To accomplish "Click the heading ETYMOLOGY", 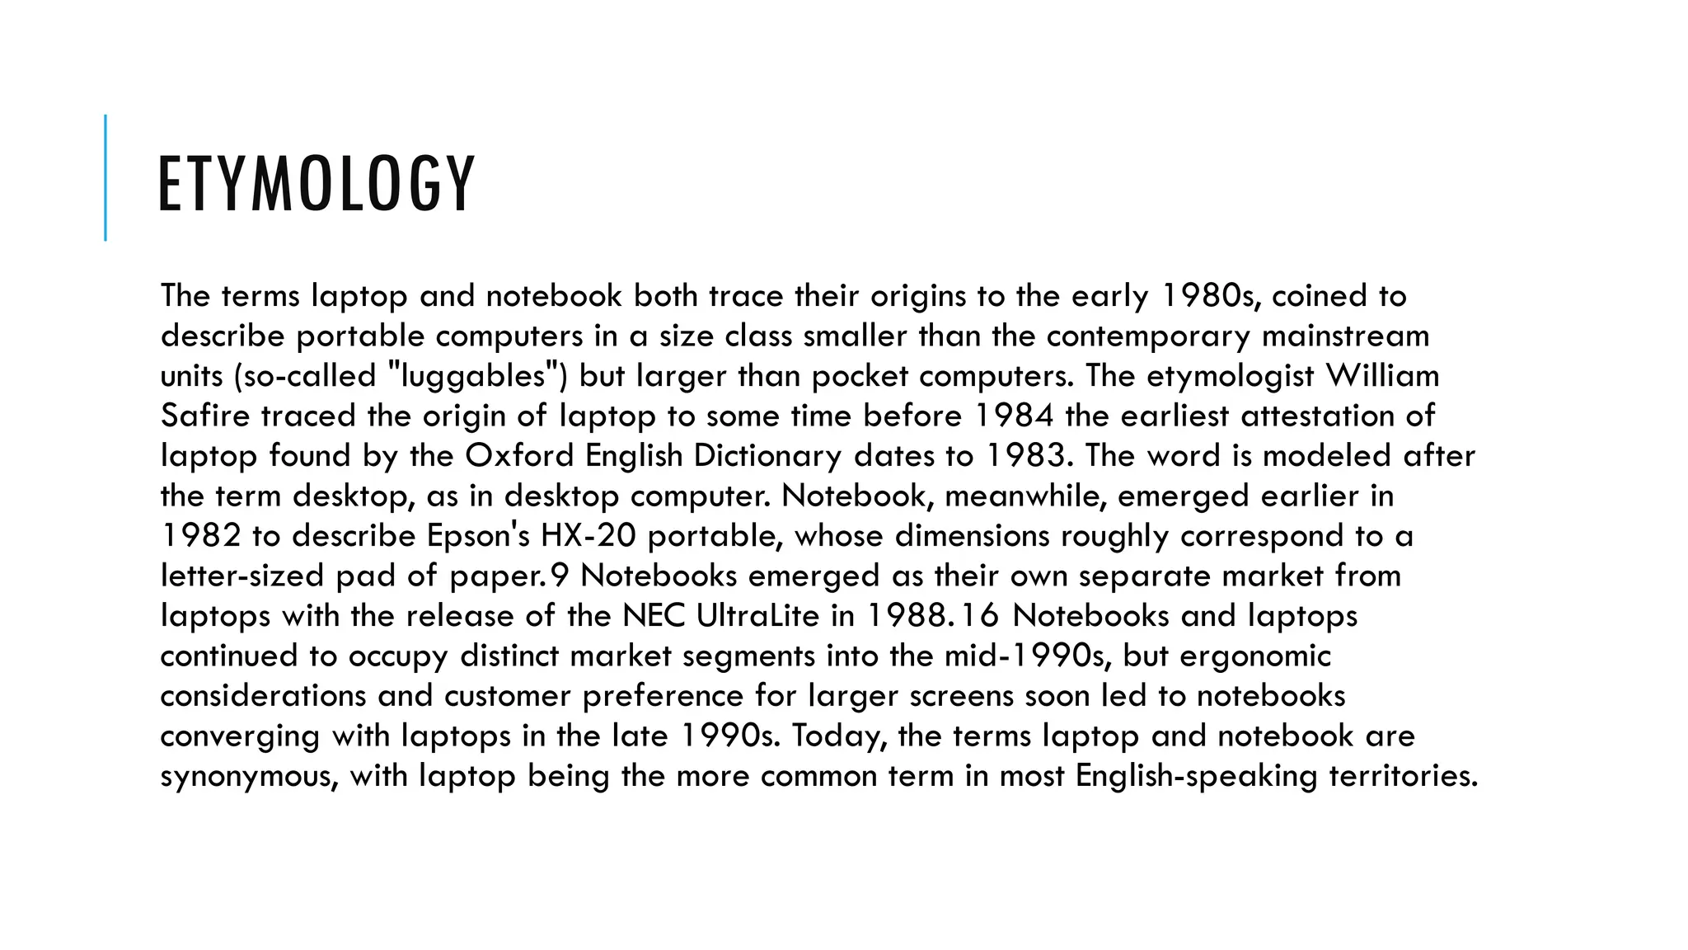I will click(x=316, y=184).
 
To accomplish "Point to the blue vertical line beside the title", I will click(x=105, y=177).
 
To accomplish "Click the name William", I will click(x=1382, y=376).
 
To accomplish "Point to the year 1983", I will click(x=1027, y=456).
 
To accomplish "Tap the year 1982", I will click(x=200, y=536).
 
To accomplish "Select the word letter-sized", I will click(x=242, y=576).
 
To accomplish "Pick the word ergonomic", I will click(x=1255, y=656).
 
